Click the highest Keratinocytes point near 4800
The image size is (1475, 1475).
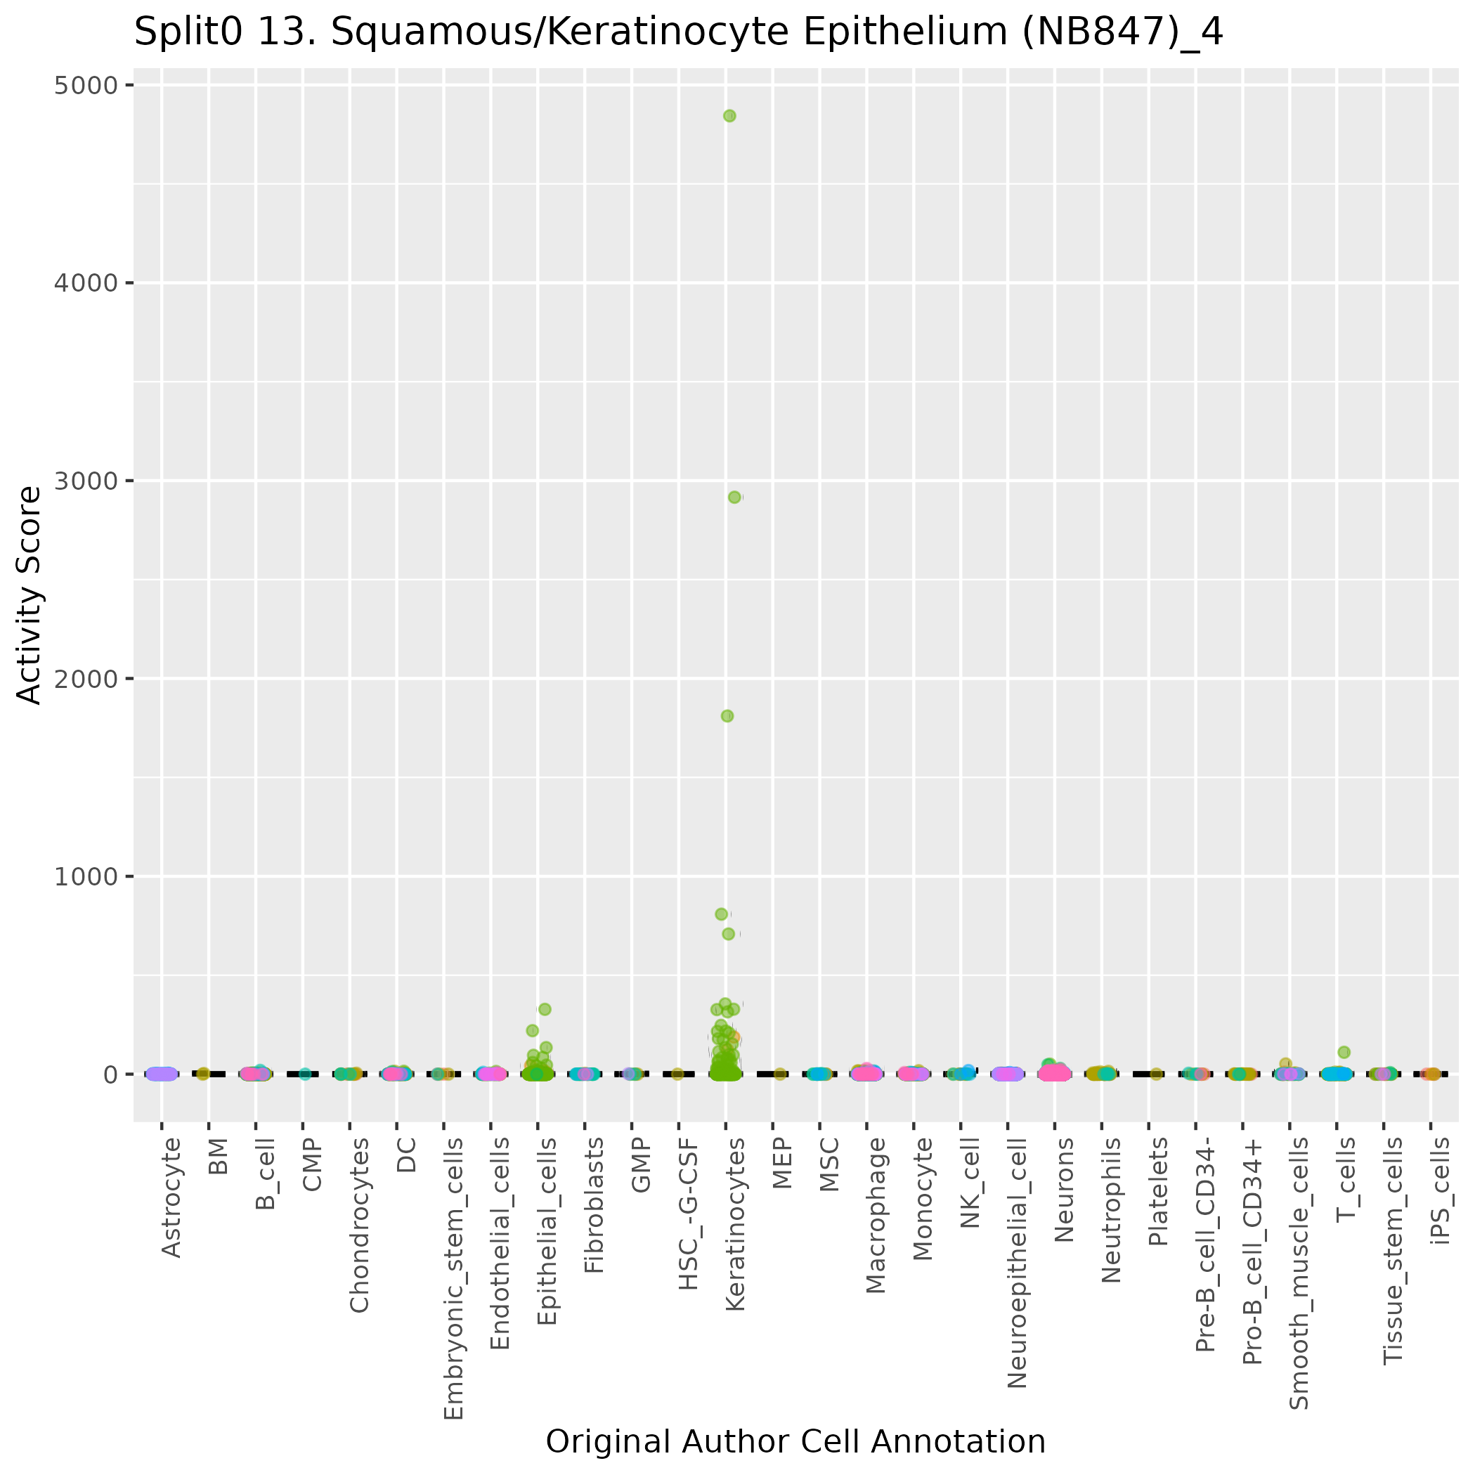729,116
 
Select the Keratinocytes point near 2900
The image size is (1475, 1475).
734,497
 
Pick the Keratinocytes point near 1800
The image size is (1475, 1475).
727,716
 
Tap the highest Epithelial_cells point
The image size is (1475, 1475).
545,1009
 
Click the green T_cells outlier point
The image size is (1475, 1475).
1344,1052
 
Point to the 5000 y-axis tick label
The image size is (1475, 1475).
86,85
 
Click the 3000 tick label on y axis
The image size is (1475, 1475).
86,481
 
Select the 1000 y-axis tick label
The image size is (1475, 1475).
86,876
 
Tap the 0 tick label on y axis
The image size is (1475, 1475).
110,1074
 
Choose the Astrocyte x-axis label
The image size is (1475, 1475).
171,1197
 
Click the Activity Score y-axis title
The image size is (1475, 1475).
29,595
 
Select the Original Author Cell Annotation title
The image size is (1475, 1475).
795,1441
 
